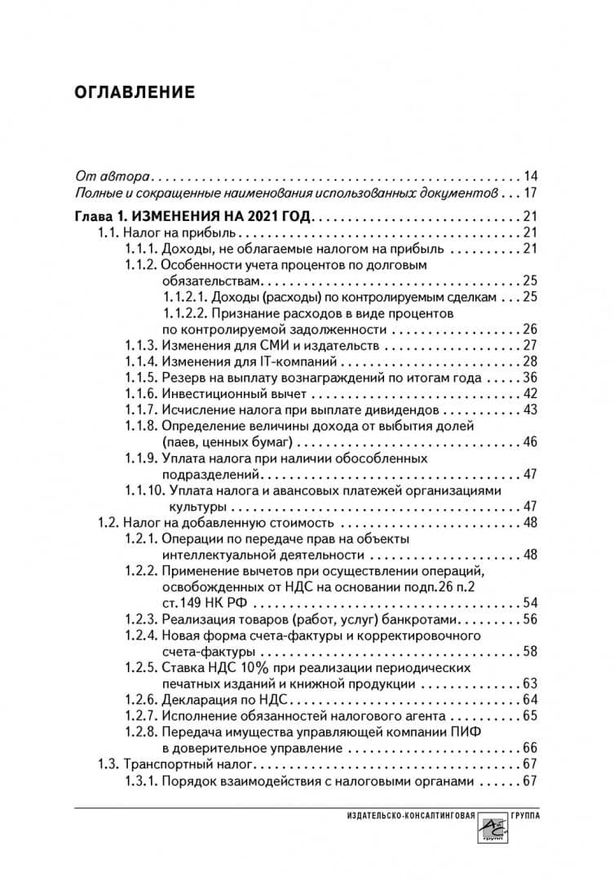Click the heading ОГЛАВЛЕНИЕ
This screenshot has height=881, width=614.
135,91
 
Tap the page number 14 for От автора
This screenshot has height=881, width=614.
531,176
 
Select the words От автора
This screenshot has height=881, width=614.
112,176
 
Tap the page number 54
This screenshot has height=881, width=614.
531,602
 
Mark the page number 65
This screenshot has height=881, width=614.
531,715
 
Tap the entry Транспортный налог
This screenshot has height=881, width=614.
189,764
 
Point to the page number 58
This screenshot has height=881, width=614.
531,651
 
